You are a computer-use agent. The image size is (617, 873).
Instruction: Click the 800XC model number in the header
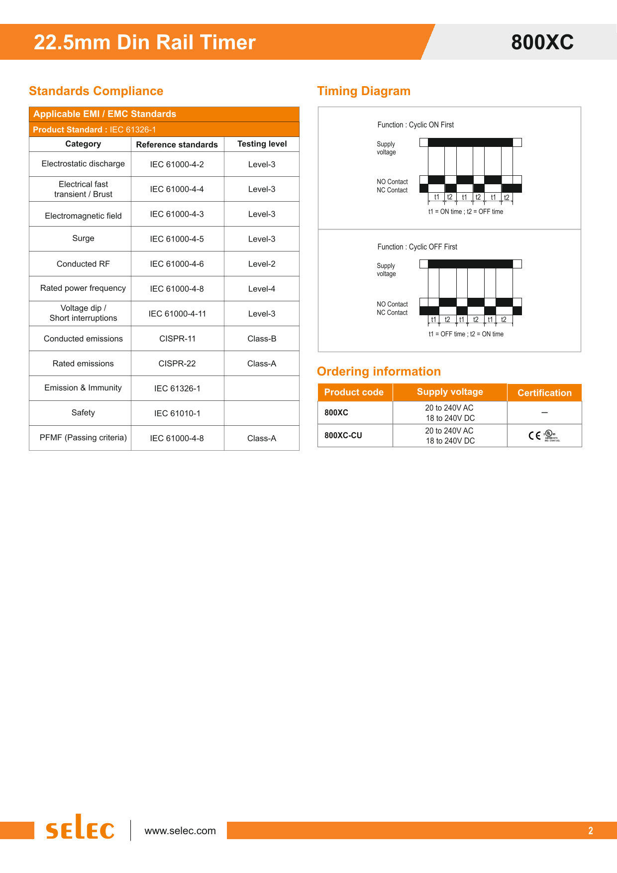coord(542,42)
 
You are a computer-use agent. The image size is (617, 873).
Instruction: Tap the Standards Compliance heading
coord(96,91)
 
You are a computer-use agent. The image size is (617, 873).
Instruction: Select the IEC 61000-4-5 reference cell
coord(177,239)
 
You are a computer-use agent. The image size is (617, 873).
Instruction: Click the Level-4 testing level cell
coord(262,289)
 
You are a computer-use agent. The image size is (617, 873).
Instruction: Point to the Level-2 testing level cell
coord(262,264)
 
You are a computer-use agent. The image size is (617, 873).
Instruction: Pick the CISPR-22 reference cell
coord(177,364)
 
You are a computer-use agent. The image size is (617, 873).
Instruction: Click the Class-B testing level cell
coord(262,339)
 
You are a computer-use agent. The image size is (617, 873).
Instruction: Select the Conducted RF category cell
coord(83,264)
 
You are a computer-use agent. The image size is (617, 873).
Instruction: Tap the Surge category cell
coord(83,239)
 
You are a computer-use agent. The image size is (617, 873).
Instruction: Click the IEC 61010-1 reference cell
coord(177,413)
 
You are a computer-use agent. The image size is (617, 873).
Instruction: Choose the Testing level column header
coord(262,144)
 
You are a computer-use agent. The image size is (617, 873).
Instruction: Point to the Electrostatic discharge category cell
coord(83,164)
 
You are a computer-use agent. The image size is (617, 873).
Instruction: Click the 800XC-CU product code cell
coord(343,435)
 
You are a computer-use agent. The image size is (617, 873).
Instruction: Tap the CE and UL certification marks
coord(544,436)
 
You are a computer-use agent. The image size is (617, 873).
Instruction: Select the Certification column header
coord(544,393)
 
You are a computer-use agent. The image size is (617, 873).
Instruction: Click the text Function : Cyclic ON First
coord(415,125)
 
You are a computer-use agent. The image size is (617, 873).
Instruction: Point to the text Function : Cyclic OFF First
coord(417,247)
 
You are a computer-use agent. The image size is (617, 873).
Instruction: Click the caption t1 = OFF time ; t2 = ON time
coord(466,334)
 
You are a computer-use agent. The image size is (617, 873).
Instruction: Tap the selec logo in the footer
coord(80,828)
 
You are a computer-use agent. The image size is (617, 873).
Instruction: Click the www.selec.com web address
coord(180,831)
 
